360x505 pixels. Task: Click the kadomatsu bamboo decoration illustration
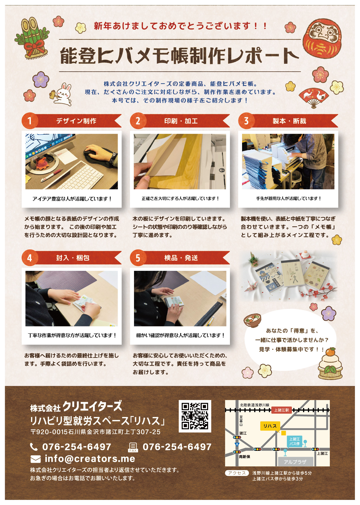(x=32, y=38)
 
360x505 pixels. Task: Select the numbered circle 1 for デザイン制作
(x=29, y=121)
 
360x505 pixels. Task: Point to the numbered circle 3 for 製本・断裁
(x=246, y=121)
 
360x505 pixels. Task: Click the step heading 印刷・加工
(x=181, y=121)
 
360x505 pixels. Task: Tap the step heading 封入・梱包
(x=73, y=258)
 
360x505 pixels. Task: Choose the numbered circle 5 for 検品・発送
(x=138, y=258)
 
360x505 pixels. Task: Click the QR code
(x=195, y=416)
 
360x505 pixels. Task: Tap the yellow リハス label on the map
(x=270, y=426)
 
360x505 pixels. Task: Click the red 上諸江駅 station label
(x=282, y=410)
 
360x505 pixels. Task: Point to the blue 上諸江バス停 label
(x=294, y=441)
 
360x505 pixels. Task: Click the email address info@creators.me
(x=90, y=459)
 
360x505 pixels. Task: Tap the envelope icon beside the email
(x=36, y=460)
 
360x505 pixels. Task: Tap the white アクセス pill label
(x=237, y=473)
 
